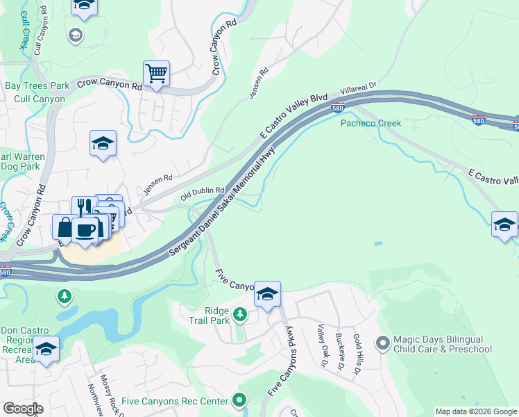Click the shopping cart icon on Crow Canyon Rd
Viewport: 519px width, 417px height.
(x=157, y=72)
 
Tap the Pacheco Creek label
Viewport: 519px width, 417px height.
(x=371, y=123)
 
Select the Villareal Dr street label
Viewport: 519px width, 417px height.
(x=358, y=89)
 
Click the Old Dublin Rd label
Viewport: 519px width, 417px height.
(x=203, y=190)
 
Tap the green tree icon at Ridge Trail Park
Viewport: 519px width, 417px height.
(x=239, y=315)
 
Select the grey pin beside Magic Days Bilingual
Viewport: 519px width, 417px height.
(x=382, y=343)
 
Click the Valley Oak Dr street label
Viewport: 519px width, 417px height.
(x=321, y=345)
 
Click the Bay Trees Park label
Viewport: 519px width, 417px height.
(x=37, y=85)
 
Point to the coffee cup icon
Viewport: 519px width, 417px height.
(x=85, y=229)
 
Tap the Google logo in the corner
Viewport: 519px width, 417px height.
(x=23, y=409)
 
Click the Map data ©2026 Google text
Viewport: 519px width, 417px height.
(x=475, y=411)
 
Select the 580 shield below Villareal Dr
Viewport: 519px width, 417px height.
(x=337, y=108)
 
